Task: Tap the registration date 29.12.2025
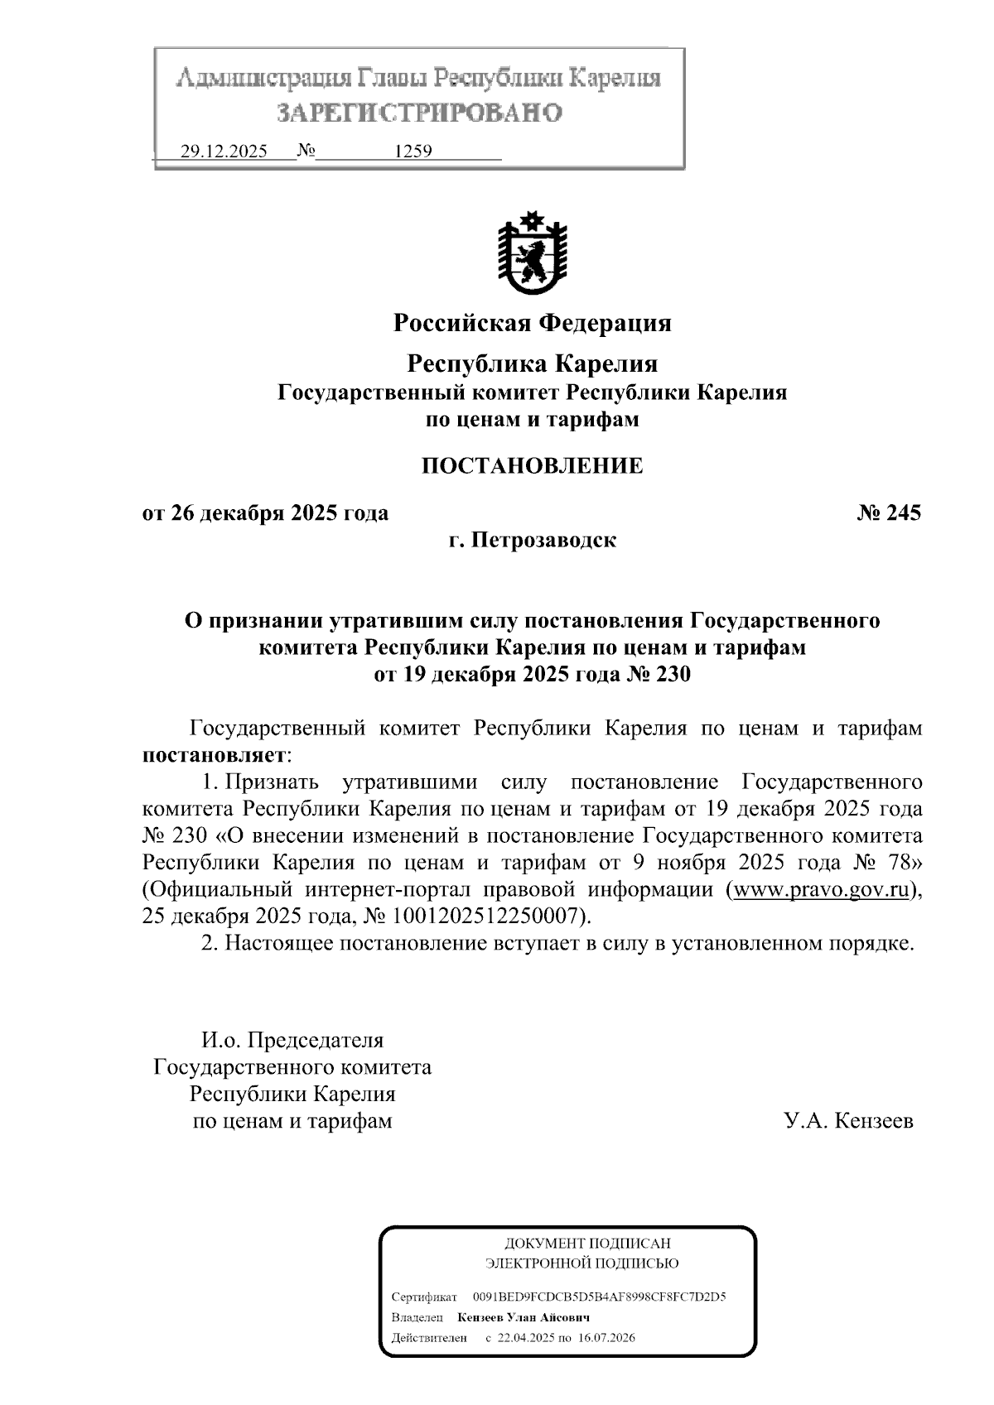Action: [224, 152]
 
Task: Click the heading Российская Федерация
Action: [532, 323]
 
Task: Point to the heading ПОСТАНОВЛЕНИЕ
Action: [532, 466]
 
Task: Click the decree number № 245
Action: [888, 513]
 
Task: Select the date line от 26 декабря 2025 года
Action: [265, 513]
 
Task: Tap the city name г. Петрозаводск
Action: [532, 541]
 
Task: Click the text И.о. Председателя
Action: [292, 1040]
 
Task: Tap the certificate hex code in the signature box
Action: [599, 1297]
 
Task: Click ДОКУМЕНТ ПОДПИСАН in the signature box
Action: [587, 1244]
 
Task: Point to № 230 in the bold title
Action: [655, 675]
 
